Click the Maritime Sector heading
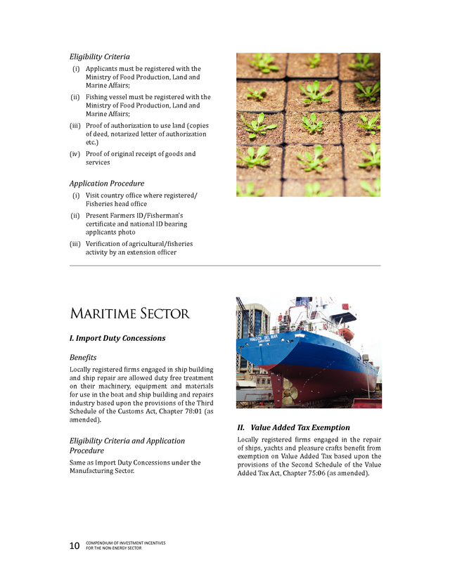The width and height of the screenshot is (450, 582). (x=129, y=313)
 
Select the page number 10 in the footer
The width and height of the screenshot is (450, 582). (x=75, y=546)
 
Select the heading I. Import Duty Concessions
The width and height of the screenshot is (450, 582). (x=117, y=338)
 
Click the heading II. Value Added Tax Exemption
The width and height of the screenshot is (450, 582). (x=293, y=427)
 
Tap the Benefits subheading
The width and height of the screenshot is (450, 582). (x=83, y=358)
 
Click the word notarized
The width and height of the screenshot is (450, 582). (x=146, y=134)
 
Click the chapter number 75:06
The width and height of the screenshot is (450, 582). (x=307, y=473)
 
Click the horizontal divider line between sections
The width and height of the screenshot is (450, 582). (x=225, y=266)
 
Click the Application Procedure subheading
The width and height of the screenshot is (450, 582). (x=107, y=183)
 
